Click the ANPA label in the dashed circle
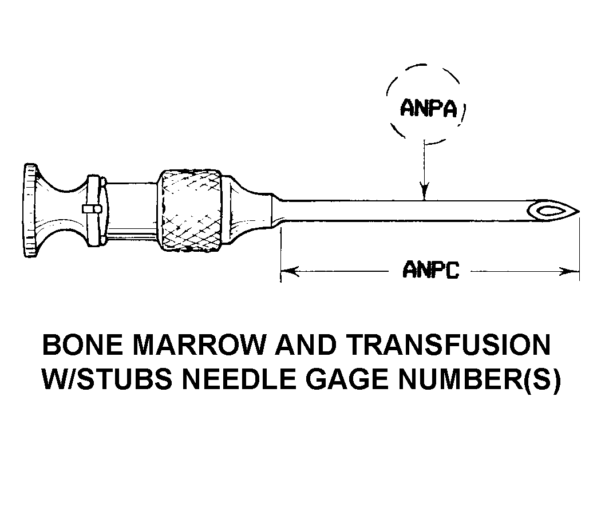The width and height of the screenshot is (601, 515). pyautogui.click(x=429, y=108)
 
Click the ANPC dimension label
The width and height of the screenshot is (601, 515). pyautogui.click(x=431, y=270)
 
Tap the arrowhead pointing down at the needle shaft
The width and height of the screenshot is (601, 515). pyautogui.click(x=424, y=193)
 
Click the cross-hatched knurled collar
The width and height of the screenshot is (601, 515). pyautogui.click(x=191, y=210)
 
